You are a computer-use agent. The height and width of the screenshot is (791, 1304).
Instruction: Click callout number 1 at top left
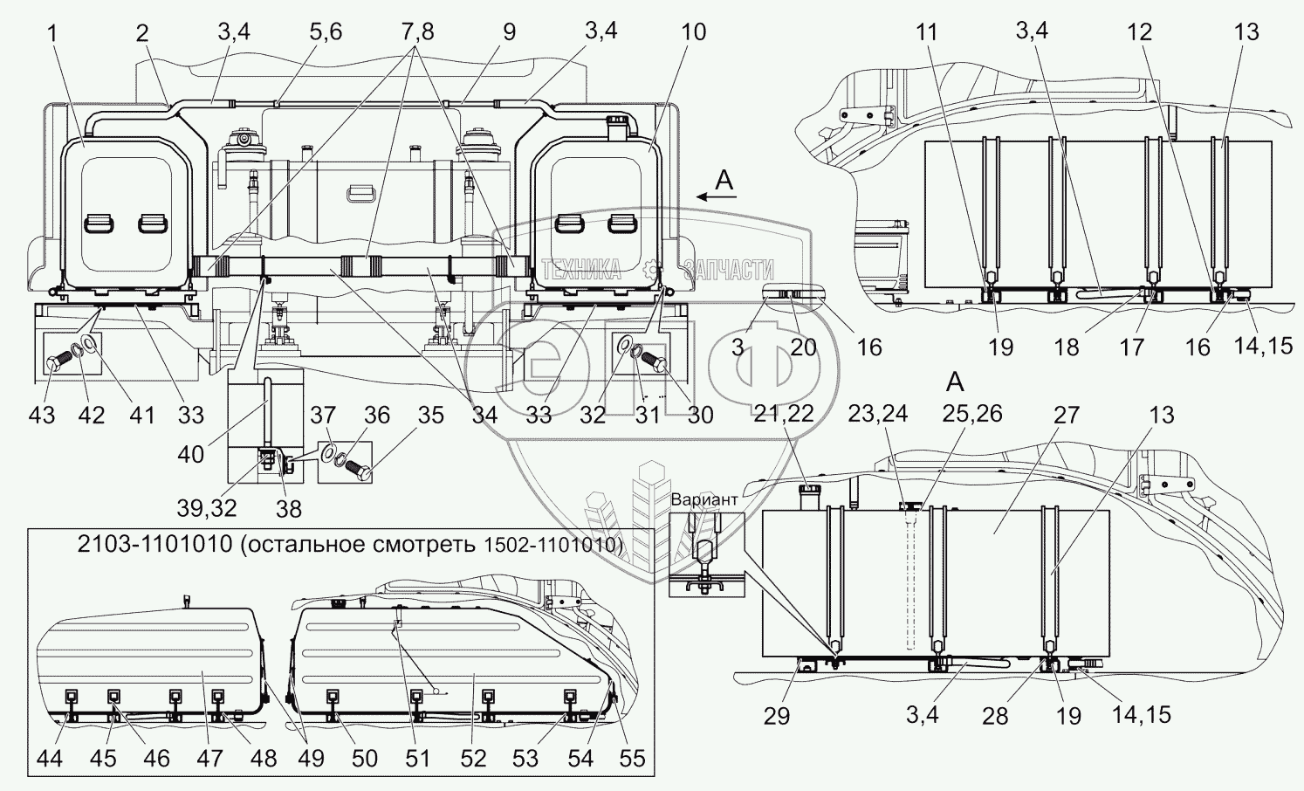[53, 33]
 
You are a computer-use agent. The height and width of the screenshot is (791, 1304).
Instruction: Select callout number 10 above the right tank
[692, 33]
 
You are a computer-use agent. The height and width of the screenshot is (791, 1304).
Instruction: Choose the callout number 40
[191, 453]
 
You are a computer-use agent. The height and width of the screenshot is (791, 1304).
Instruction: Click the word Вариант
[704, 499]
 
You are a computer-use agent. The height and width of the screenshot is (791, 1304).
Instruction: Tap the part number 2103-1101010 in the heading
[154, 544]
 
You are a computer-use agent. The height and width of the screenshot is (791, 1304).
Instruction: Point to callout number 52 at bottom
[472, 759]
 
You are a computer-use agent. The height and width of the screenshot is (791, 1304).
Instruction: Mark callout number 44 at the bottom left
[50, 759]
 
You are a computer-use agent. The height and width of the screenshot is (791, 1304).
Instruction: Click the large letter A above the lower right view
[956, 382]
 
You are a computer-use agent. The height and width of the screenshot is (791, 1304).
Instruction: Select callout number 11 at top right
[927, 33]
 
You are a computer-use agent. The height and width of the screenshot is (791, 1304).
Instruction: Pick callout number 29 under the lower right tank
[776, 716]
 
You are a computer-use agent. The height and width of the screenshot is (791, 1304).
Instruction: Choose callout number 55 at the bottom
[632, 759]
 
